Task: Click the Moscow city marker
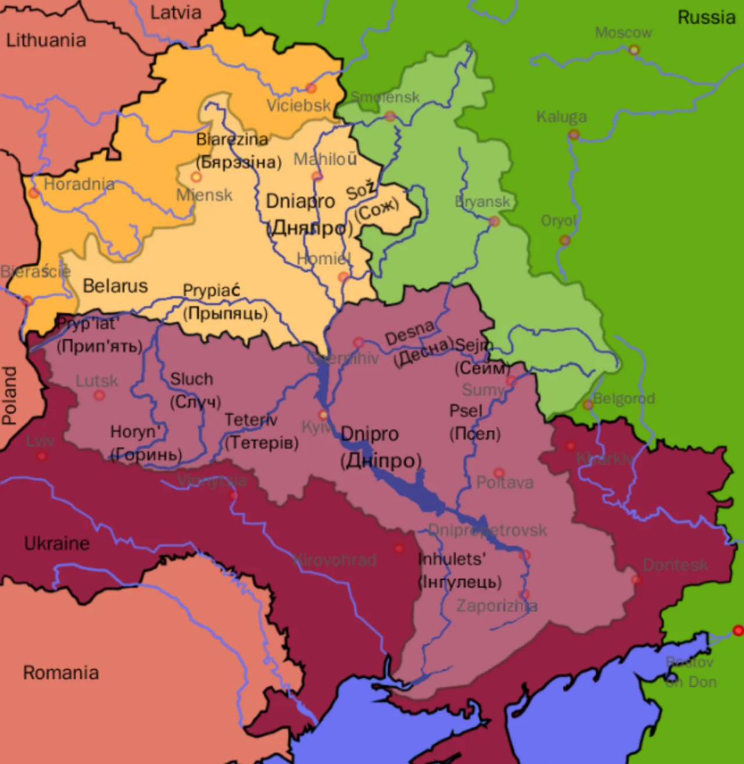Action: coord(634,50)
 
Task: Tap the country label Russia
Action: coord(706,17)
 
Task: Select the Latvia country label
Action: coord(176,12)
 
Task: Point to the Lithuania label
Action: coord(46,40)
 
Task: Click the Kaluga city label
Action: coord(561,117)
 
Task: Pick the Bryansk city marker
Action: coord(494,221)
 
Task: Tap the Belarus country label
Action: coord(115,286)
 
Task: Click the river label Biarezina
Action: coord(232,139)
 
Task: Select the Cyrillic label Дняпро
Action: coord(309,228)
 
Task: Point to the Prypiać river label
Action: coord(211,290)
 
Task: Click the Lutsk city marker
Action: coord(99,396)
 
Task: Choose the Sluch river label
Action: coord(191,379)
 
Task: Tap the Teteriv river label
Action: coord(251,419)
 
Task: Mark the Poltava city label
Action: coord(505,483)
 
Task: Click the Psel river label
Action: coord(466,411)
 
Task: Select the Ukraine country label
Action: coord(57,544)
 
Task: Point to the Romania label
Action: coord(60,673)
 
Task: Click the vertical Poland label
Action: coord(10,395)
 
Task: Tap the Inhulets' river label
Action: coord(452,559)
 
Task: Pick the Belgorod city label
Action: coord(624,399)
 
